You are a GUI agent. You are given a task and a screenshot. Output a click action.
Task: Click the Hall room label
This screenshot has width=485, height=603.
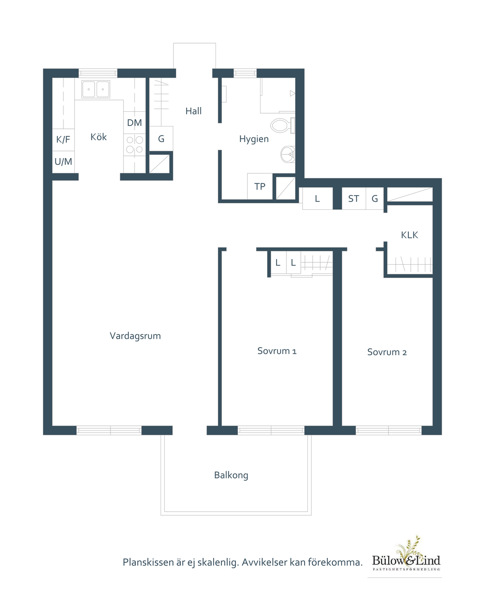(193, 111)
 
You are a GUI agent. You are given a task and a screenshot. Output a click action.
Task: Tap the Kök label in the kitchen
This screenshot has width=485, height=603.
(99, 137)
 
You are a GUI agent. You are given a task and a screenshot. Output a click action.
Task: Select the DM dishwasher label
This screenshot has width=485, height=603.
(135, 123)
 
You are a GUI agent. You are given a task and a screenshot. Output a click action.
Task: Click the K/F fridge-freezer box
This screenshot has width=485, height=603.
(63, 140)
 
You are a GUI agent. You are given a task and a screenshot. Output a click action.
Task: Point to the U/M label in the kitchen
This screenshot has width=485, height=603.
(63, 162)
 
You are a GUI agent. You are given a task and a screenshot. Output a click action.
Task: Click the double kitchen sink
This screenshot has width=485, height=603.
(96, 90)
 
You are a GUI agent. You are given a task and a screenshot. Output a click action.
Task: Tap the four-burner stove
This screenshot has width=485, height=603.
(135, 144)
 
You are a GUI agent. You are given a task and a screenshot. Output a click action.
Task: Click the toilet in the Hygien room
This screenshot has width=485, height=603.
(282, 125)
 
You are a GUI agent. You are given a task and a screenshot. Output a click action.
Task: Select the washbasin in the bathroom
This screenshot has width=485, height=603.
(288, 154)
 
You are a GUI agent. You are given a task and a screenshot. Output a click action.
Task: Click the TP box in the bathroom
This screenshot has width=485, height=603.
(260, 186)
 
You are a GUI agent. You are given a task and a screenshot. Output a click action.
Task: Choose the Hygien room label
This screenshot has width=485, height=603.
(254, 139)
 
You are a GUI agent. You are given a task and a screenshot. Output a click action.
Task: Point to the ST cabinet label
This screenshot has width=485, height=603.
(354, 198)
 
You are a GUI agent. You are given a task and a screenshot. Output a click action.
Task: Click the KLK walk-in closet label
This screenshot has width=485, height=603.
(409, 235)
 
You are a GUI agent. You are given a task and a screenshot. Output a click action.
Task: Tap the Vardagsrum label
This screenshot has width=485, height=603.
(135, 336)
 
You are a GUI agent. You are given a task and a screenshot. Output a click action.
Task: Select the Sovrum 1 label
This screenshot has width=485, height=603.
(277, 351)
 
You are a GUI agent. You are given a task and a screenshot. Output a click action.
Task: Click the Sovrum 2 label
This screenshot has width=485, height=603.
(387, 352)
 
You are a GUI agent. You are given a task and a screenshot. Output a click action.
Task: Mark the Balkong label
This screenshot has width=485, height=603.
(231, 475)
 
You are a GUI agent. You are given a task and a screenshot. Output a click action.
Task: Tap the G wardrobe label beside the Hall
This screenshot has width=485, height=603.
(161, 139)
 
